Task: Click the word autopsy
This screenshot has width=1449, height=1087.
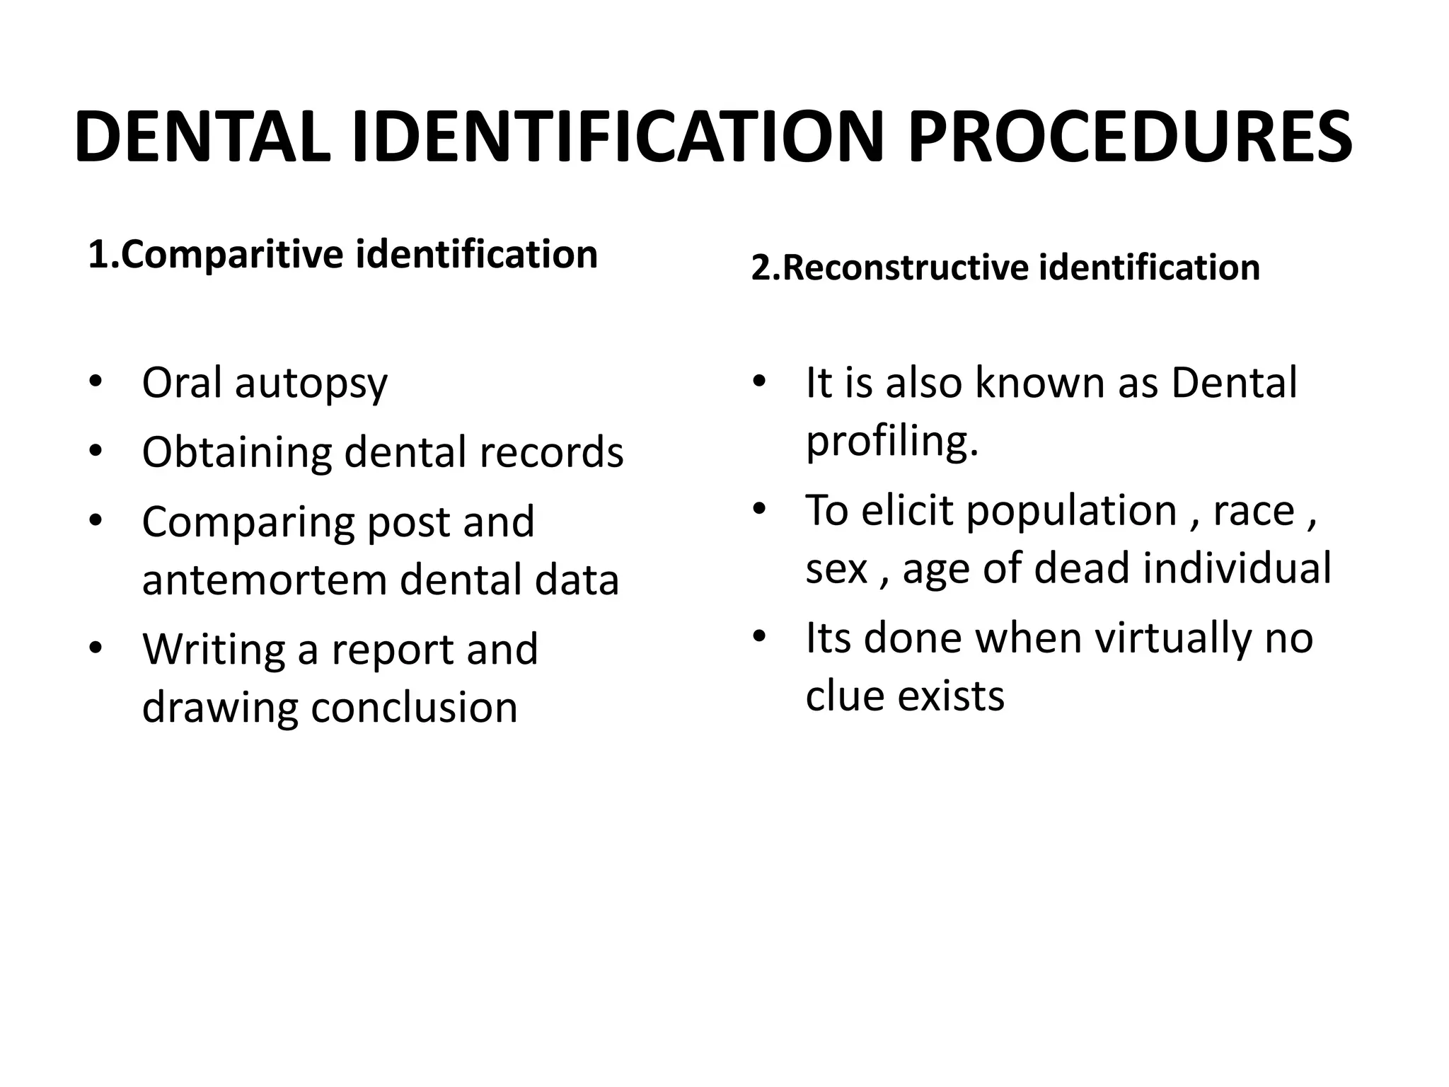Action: [x=311, y=384]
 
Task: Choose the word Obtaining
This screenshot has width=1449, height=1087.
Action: [x=236, y=453]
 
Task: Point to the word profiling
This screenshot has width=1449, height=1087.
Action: [x=891, y=442]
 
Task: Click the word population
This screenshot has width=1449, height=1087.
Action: [x=1071, y=511]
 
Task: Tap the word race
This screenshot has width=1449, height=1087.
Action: [x=1253, y=511]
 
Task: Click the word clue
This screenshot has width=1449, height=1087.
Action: [x=844, y=695]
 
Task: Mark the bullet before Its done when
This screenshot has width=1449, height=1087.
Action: [x=759, y=637]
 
